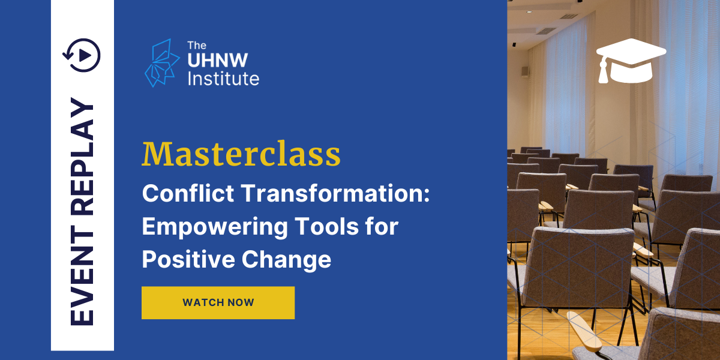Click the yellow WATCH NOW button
[218, 302]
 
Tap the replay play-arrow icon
[82, 55]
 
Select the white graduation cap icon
[631, 61]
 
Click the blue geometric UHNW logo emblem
[162, 62]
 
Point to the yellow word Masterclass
[241, 154]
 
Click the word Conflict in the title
[188, 193]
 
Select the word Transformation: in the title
[335, 193]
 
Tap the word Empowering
[215, 227]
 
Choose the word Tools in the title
[326, 226]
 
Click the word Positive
[188, 259]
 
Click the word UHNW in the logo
[218, 60]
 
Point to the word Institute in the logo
[223, 79]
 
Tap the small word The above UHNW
[197, 46]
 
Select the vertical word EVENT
[82, 275]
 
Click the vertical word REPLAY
[82, 157]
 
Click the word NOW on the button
[241, 302]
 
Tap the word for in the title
[382, 226]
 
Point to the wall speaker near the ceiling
[524, 71]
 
